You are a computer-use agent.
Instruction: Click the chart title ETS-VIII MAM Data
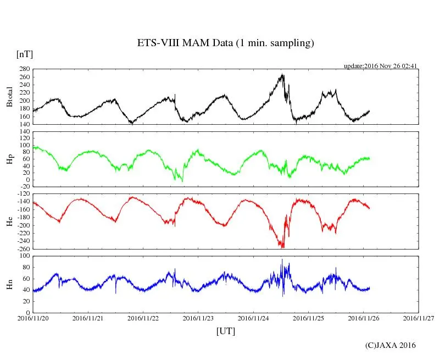[x=225, y=43]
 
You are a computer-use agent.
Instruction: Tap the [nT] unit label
[x=25, y=54]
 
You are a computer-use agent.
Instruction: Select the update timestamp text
[x=381, y=66]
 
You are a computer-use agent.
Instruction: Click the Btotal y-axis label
[x=9, y=97]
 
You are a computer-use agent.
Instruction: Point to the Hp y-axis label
[x=9, y=159]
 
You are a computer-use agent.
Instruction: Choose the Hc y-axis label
[x=9, y=221]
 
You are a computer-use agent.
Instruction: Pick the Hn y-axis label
[x=9, y=284]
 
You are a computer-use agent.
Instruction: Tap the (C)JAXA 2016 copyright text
[x=391, y=345]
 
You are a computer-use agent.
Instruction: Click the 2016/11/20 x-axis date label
[x=33, y=318]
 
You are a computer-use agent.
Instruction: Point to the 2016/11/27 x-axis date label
[x=419, y=318]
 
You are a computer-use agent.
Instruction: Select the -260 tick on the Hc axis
[x=23, y=248]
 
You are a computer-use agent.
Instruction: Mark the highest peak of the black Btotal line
[x=283, y=74]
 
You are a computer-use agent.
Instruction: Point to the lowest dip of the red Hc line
[x=281, y=247]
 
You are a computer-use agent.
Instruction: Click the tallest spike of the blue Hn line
[x=282, y=259]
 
